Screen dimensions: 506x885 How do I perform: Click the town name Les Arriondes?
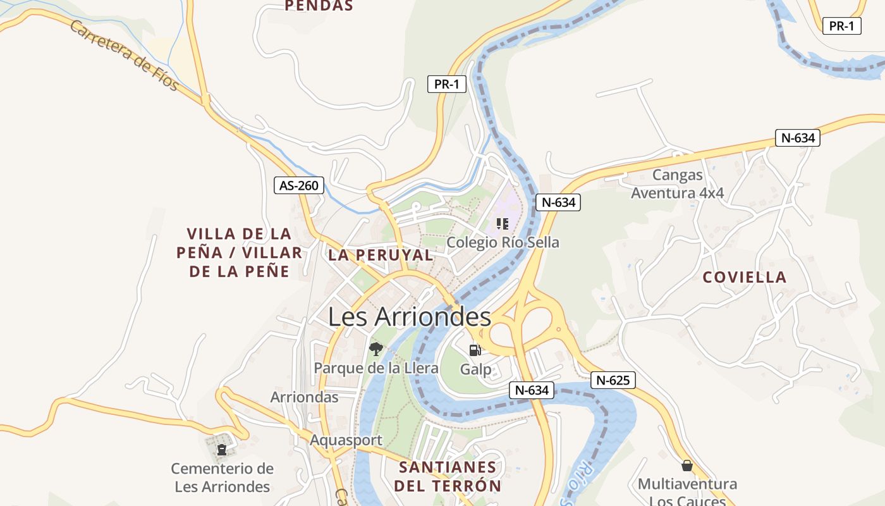pos(409,317)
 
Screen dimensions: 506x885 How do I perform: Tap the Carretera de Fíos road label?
pos(125,56)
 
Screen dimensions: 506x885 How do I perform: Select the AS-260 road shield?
pos(299,185)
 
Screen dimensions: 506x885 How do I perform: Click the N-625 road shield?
pos(613,380)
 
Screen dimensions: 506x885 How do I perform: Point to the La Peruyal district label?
pos(381,255)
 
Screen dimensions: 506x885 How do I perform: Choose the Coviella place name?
pos(744,277)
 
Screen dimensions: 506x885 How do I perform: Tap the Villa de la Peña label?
pos(239,252)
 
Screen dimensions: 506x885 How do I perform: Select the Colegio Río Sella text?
pos(503,242)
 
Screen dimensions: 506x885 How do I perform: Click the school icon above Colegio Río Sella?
pos(503,223)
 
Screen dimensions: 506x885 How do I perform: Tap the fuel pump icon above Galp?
pos(475,350)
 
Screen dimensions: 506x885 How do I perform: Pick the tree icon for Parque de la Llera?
pos(376,349)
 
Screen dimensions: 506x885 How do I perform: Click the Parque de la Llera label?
pos(376,367)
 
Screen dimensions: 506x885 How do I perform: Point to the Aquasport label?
pos(346,440)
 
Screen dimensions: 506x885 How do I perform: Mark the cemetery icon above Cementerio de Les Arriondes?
pos(222,450)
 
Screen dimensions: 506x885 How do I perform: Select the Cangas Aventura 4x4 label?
pos(678,183)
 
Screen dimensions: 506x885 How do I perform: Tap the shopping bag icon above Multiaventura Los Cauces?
pos(687,466)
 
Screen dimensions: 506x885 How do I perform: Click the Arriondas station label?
pos(304,397)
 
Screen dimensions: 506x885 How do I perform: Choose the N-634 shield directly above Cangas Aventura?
pos(797,138)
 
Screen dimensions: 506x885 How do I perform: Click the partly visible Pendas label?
pos(319,6)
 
